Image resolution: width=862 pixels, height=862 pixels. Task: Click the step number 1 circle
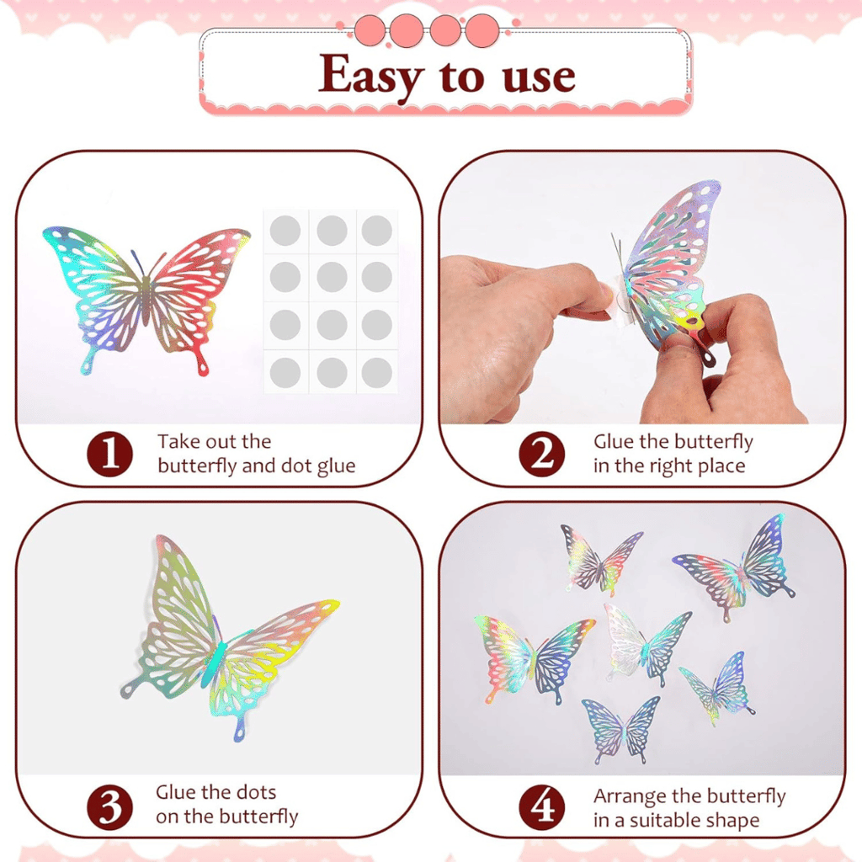click(110, 454)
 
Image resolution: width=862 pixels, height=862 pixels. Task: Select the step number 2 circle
click(542, 454)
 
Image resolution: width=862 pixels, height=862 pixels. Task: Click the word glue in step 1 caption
click(336, 466)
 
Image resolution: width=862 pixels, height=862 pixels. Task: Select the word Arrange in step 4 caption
click(630, 796)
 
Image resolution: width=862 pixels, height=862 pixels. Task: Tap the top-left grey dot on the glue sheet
click(285, 231)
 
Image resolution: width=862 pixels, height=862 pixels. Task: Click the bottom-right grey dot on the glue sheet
click(376, 372)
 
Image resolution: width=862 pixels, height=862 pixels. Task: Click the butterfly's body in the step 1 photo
click(146, 300)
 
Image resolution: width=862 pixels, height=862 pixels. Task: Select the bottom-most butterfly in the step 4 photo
click(622, 729)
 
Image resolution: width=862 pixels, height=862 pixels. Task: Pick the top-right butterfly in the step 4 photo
click(737, 570)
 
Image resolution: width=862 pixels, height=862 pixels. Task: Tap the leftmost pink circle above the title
click(370, 31)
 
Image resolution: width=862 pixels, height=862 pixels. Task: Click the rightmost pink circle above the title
click(482, 31)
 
